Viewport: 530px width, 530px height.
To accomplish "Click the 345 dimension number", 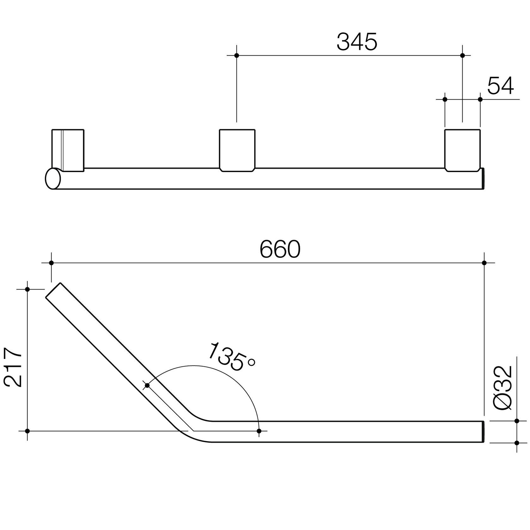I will coord(357,42).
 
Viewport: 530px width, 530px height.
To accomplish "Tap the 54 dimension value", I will coord(500,86).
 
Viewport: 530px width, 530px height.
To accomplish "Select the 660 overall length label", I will coord(280,250).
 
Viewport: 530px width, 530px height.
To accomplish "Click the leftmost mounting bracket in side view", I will coord(68,150).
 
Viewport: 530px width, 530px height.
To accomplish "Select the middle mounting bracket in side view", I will coord(237,150).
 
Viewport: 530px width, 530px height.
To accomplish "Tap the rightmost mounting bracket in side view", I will coord(462,150).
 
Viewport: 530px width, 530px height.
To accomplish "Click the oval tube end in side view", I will coord(53,179).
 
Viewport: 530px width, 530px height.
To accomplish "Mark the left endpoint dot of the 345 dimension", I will coord(237,56).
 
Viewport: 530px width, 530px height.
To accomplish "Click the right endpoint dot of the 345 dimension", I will coord(462,56).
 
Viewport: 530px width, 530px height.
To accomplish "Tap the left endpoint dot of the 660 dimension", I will coord(51,263).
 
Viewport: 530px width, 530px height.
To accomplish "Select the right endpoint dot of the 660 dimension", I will coord(484,263).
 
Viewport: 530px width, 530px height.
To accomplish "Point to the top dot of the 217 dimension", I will coord(27,289).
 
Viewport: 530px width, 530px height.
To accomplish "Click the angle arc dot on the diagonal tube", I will coord(147,385).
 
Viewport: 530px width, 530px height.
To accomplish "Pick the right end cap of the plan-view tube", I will coord(483,432).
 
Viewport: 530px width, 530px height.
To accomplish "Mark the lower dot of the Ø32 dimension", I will coord(517,443).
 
